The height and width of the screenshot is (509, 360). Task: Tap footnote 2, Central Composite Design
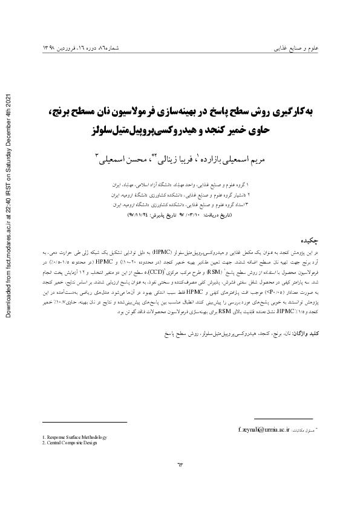[68, 443]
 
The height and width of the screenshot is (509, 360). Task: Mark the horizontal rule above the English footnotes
[84, 422]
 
